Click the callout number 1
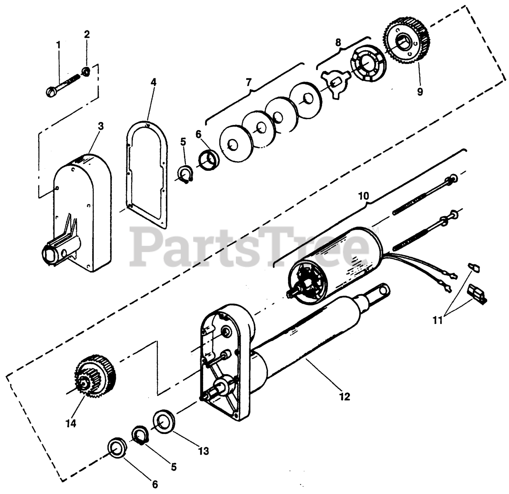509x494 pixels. (x=58, y=45)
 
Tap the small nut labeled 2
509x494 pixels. (x=85, y=72)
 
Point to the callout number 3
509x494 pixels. (x=101, y=126)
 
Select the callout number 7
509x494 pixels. (x=249, y=83)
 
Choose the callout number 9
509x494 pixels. (x=420, y=91)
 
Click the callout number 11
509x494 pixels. (x=438, y=320)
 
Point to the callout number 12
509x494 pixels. (x=345, y=396)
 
